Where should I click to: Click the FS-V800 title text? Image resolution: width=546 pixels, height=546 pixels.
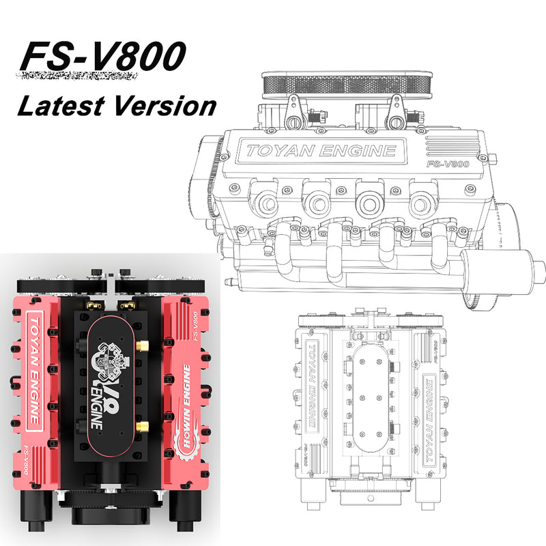(102, 58)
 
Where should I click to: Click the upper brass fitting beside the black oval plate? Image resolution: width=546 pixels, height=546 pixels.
(143, 347)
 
